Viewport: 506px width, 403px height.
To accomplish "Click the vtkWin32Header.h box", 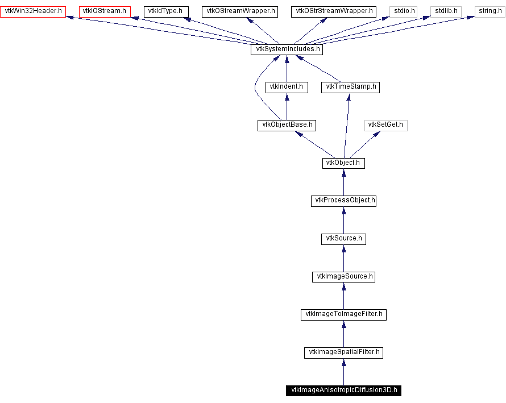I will coord(32,11).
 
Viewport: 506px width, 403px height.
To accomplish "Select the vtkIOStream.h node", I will coord(105,11).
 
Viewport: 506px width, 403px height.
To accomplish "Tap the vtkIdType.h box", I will coord(166,11).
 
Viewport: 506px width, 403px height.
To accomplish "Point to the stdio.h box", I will coord(403,11).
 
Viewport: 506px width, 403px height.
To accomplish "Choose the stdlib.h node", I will coord(446,11).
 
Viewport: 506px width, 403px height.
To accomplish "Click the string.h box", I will coord(490,11).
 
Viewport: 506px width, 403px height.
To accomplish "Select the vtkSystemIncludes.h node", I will coord(287,49).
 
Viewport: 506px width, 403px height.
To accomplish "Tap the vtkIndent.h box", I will coord(287,88).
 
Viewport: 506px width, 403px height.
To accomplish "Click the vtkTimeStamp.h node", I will coord(350,88).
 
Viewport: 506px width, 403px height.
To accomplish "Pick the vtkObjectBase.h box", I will coord(287,125).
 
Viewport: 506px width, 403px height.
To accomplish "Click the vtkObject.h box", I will coord(343,163).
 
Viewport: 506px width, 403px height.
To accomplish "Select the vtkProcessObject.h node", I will coord(343,201).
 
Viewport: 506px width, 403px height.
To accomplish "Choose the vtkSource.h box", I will coord(343,239).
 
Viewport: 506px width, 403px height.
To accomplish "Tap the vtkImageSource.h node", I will coord(343,277).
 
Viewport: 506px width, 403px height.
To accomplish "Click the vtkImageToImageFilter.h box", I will coord(343,314).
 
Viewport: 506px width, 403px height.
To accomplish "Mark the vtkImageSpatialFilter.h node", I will coord(343,352).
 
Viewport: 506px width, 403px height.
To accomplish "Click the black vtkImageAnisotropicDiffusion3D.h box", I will coord(343,390).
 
